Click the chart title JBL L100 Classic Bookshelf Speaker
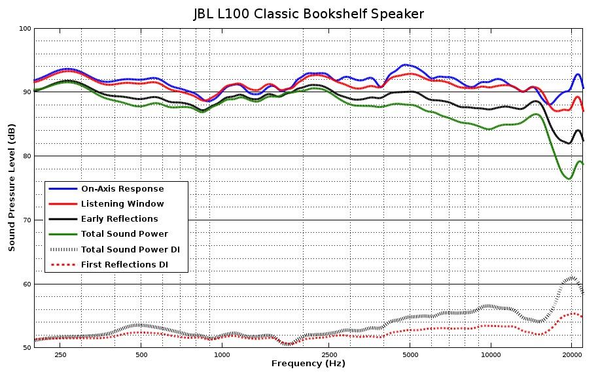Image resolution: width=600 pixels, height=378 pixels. pos(308,14)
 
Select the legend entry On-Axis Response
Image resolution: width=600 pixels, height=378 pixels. pos(122,189)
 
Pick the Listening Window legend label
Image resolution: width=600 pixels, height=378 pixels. pos(122,204)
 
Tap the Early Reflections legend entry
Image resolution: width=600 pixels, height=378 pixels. pos(119,219)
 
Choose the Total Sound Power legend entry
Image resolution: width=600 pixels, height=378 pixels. pos(124,234)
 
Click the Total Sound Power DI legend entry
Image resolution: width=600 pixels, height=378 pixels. pos(130,249)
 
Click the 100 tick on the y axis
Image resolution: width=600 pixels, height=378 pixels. pos(25,28)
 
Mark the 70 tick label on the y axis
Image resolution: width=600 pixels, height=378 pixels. pos(27,220)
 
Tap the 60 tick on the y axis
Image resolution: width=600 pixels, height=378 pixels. pos(27,284)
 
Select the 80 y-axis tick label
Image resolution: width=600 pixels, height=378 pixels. pos(27,156)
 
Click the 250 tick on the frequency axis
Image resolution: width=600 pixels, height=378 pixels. pos(61,355)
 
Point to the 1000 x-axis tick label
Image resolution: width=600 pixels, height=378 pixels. pos(222,355)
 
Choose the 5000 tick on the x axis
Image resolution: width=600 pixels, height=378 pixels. pos(410,355)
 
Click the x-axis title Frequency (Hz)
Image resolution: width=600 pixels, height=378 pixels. pos(308,364)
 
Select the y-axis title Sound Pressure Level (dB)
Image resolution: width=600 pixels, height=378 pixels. pos(12,188)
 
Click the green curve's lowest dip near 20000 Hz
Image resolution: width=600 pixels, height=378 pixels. pos(569,179)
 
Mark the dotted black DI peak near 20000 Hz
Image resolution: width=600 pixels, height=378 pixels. pos(571,278)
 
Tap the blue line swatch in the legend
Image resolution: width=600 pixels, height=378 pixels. pos(62,189)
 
